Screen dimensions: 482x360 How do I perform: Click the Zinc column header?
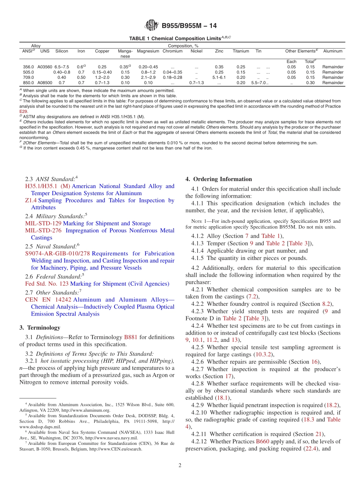[219, 51]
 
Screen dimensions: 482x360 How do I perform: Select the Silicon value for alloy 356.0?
[62, 67]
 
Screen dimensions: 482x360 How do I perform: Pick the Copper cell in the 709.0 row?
[102, 77]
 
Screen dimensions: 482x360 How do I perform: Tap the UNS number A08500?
[45, 83]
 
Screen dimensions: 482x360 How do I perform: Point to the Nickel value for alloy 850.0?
[196, 83]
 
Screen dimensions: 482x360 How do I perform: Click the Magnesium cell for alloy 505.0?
[148, 72]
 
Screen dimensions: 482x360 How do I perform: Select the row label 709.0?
[28, 77]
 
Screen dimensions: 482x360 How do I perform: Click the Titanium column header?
[241, 51]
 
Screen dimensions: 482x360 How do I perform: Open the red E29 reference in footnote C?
[23, 112]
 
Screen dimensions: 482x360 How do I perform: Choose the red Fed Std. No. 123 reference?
[45, 284]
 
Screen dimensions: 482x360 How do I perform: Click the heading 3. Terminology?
[39, 328]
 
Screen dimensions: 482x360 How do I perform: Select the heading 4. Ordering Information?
[219, 179]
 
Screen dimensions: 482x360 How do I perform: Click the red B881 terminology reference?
[131, 337]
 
